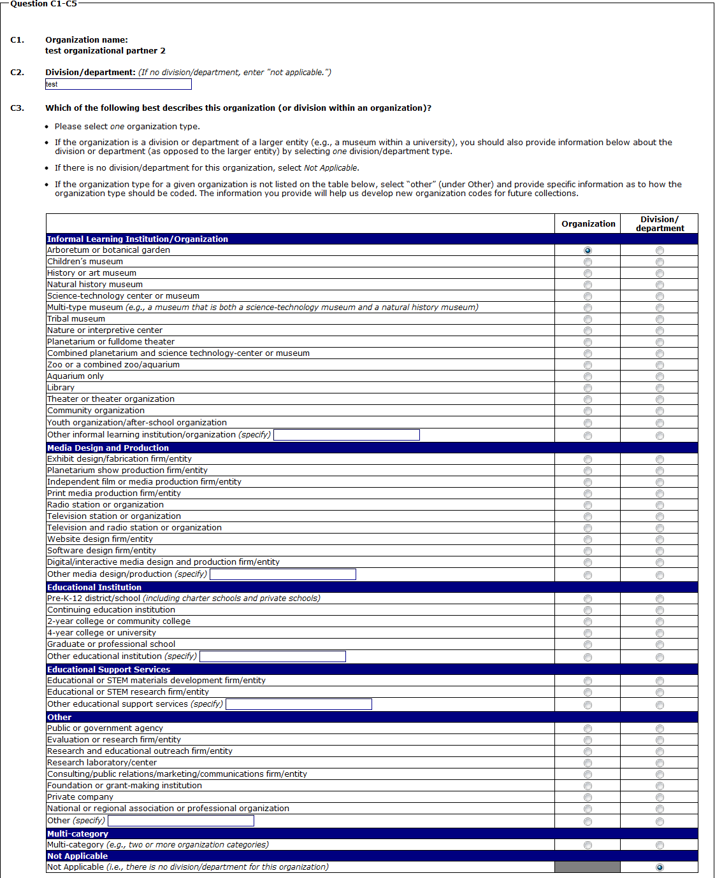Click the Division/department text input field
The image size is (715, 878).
click(x=118, y=84)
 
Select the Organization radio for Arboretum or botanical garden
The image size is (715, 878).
click(x=588, y=250)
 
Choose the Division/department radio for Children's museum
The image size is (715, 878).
click(x=660, y=262)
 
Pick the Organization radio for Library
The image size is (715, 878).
click(x=588, y=388)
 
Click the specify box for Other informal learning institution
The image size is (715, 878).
click(x=346, y=435)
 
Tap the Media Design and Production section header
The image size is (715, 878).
click(x=108, y=448)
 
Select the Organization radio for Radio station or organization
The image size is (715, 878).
click(x=588, y=505)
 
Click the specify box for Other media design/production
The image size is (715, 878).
click(x=282, y=574)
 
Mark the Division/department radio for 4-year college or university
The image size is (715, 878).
click(x=660, y=633)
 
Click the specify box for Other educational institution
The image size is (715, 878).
click(x=272, y=656)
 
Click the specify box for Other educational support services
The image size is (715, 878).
click(x=298, y=704)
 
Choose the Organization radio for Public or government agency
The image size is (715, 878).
click(x=588, y=728)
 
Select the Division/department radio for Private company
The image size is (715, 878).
click(x=660, y=797)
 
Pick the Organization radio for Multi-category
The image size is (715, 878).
click(x=588, y=845)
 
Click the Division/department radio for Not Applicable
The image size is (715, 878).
click(x=660, y=867)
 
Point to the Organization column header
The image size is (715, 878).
click(x=588, y=223)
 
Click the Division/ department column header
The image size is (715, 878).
click(x=660, y=223)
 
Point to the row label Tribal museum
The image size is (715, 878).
click(x=76, y=319)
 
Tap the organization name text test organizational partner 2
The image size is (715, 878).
click(x=105, y=51)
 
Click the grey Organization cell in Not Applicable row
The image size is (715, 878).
click(x=588, y=867)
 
